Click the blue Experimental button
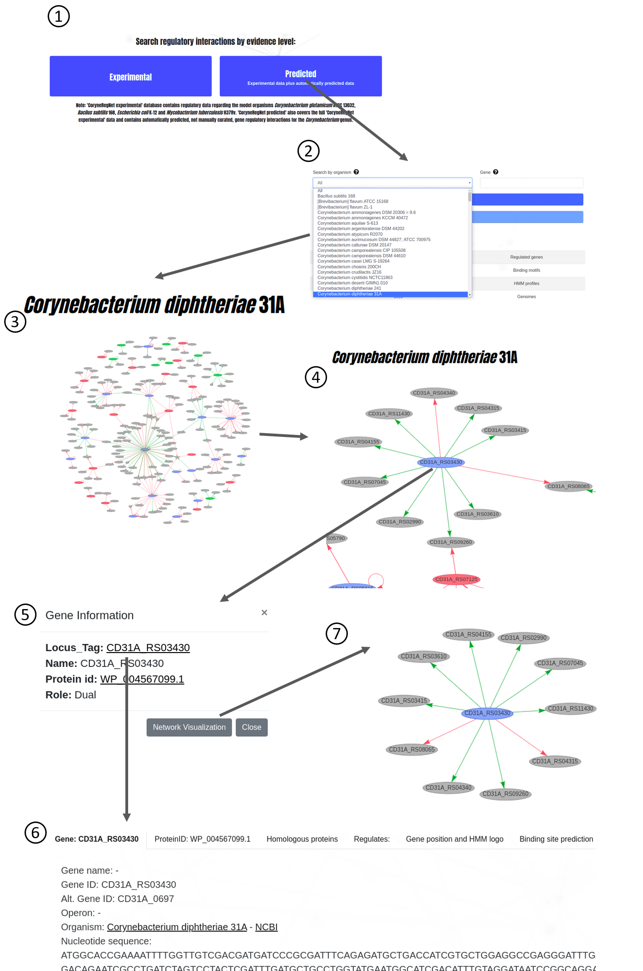click(130, 76)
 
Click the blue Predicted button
click(301, 76)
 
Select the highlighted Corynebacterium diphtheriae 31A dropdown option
click(349, 294)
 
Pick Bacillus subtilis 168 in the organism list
click(336, 196)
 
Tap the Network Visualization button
click(189, 727)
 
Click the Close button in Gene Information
click(251, 727)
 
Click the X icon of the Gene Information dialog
click(264, 613)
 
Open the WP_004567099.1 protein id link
click(142, 679)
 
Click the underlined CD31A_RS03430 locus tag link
click(148, 647)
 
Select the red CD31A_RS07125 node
click(456, 579)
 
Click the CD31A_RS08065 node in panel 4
click(568, 486)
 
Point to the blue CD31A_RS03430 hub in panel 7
click(487, 713)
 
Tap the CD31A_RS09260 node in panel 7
click(505, 794)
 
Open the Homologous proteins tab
click(302, 839)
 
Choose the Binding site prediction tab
click(556, 839)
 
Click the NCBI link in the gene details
click(266, 927)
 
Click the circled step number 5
click(25, 615)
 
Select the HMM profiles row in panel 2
click(526, 284)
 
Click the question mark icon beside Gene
click(496, 172)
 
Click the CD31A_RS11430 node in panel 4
click(389, 414)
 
